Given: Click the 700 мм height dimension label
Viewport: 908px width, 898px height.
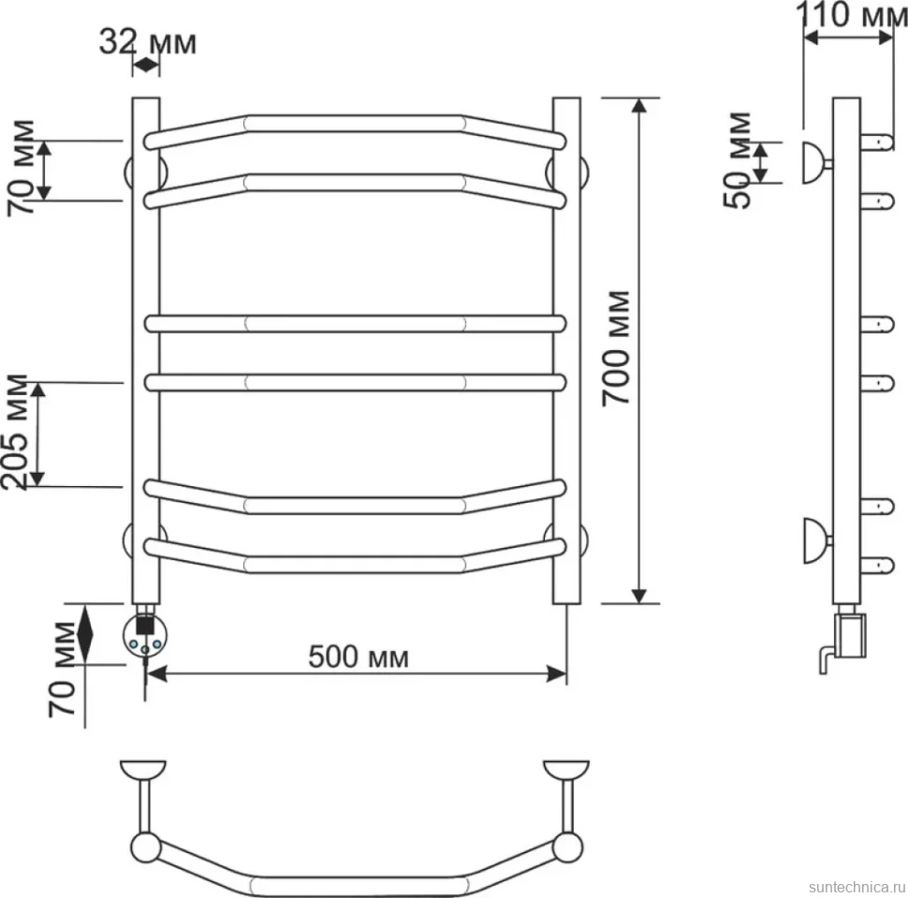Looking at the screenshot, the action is point(615,347).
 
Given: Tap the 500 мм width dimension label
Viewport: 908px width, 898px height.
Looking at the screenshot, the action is point(359,657).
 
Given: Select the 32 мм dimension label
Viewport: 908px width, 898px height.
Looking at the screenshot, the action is point(148,42).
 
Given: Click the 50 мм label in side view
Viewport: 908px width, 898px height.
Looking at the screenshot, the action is point(738,160).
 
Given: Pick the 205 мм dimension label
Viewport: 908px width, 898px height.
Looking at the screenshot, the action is point(14,433).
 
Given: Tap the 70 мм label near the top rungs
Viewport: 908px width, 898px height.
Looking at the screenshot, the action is point(21,168).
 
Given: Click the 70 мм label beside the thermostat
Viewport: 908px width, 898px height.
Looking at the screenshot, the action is point(62,670).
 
